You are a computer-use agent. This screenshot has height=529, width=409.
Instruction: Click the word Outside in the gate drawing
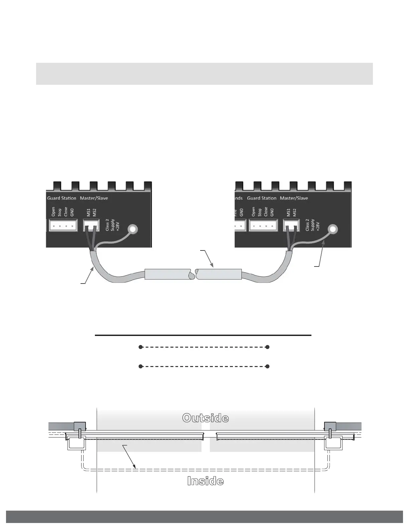[x=206, y=418]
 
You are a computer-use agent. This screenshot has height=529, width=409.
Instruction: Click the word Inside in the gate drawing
[x=205, y=481]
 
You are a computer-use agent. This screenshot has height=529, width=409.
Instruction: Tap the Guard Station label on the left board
[x=61, y=198]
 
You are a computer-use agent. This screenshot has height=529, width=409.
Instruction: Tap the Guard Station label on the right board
[x=262, y=198]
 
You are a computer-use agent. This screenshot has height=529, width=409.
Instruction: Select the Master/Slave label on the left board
[x=94, y=198]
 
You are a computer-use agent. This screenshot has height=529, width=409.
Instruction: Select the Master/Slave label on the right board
[x=294, y=198]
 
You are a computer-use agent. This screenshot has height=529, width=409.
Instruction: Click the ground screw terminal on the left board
[x=132, y=229]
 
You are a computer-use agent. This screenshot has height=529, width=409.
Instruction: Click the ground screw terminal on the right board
[x=332, y=229]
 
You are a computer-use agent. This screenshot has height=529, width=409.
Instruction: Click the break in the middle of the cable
[x=194, y=275]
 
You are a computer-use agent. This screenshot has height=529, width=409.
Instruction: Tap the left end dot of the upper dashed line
[x=141, y=347]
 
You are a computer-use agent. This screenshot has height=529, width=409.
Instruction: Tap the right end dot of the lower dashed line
[x=267, y=366]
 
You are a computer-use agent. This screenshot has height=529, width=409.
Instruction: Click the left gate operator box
[x=77, y=443]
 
